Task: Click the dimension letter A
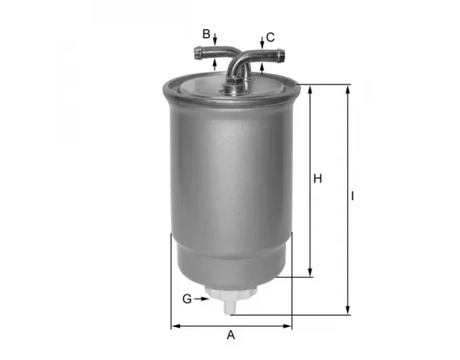(x=230, y=335)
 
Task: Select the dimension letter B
(x=207, y=34)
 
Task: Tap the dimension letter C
(x=270, y=37)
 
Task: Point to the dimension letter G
(x=186, y=299)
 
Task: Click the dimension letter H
(x=318, y=178)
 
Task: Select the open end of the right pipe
(x=282, y=56)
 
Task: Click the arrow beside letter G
(x=205, y=299)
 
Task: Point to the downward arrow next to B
(x=215, y=41)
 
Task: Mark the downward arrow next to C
(x=262, y=43)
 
